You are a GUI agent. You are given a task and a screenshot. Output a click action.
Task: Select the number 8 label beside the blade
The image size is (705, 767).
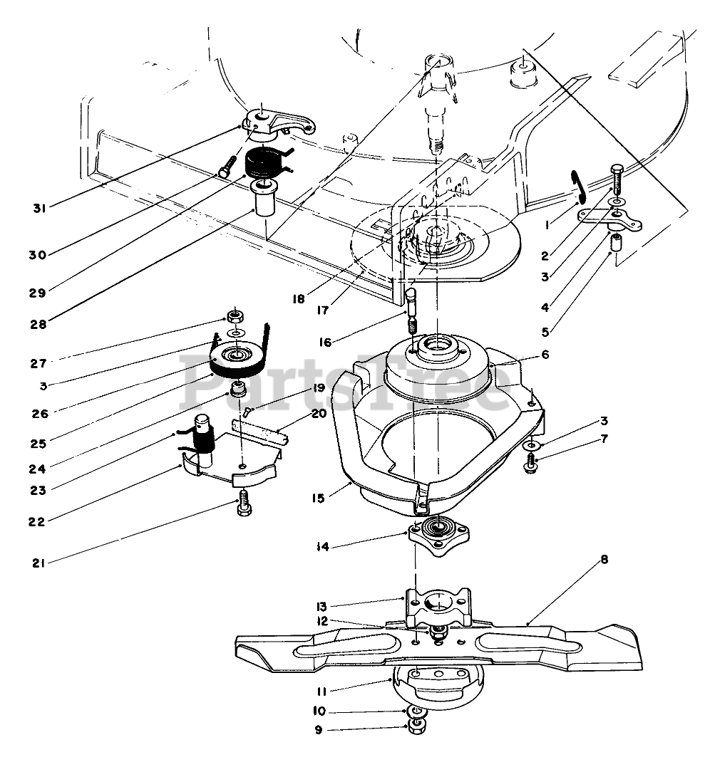[x=604, y=560]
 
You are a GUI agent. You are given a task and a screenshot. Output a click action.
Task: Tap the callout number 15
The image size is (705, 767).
[x=318, y=498]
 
